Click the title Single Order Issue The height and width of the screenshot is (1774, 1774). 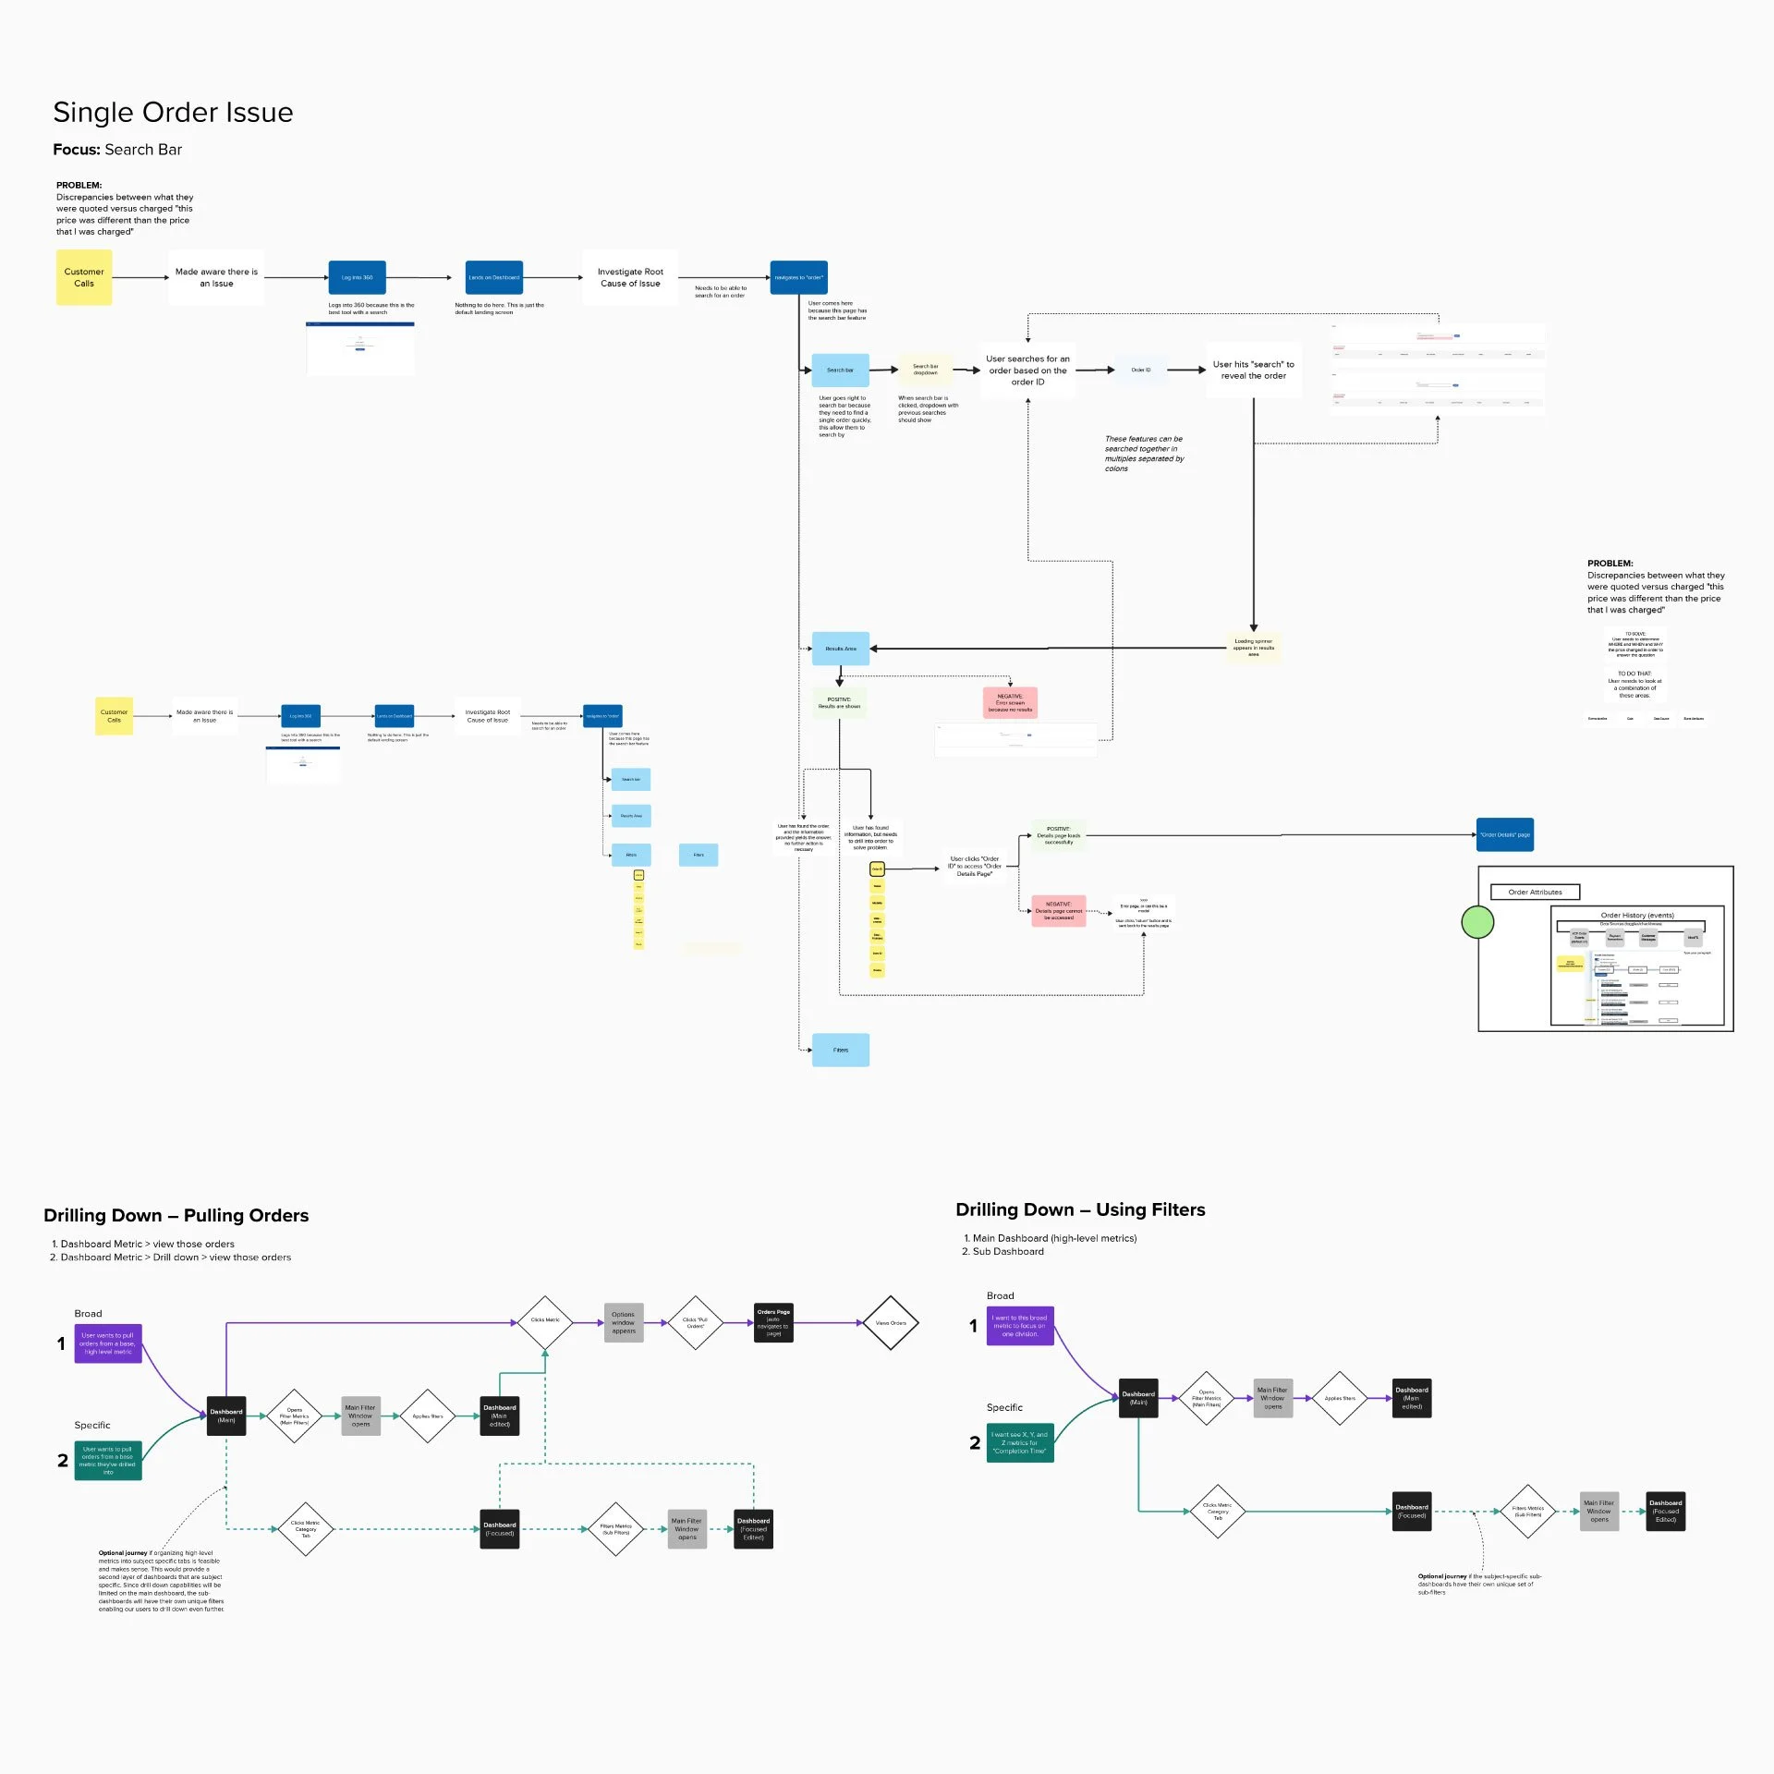pos(173,113)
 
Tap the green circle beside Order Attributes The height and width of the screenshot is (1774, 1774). pos(1477,922)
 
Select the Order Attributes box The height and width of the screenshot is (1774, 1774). pos(1535,892)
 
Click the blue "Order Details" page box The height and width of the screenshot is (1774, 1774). pos(1504,834)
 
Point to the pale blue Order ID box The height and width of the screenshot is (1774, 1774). pos(1141,370)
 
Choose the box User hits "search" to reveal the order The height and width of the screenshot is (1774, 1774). pos(1253,370)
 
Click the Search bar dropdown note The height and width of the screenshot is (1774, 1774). pos(925,370)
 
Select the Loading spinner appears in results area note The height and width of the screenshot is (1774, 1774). pos(1253,648)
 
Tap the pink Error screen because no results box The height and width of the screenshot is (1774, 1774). pos(1010,703)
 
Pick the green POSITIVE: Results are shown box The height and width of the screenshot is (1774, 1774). pos(839,703)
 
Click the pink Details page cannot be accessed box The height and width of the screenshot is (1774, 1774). pos(1058,911)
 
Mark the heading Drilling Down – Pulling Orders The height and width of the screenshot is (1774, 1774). pos(176,1215)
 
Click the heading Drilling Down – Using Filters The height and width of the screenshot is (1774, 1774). pos(1080,1209)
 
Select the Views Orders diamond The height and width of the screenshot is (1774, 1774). pos(891,1323)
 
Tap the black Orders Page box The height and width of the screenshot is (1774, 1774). pos(773,1323)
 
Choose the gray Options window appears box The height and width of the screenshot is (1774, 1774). pos(624,1323)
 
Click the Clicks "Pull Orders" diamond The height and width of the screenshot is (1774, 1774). pos(695,1323)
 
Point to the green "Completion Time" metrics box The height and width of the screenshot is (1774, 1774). pos(1020,1442)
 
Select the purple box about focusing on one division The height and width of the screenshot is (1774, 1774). pos(1020,1326)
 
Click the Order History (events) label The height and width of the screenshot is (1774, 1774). pos(1637,915)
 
